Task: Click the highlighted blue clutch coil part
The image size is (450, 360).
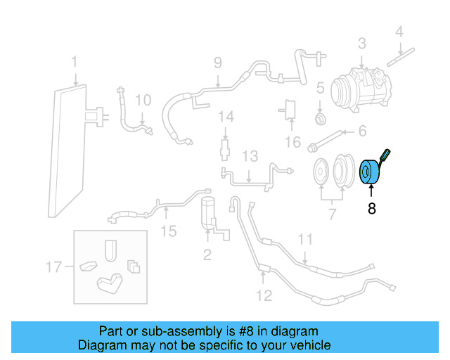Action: pyautogui.click(x=370, y=173)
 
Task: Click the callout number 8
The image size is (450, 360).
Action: pyautogui.click(x=371, y=208)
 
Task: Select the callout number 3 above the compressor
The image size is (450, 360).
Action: pyautogui.click(x=361, y=44)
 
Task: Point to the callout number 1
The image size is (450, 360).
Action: pyautogui.click(x=74, y=64)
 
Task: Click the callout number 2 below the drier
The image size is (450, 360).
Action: pyautogui.click(x=207, y=253)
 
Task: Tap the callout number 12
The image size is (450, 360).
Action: pyautogui.click(x=264, y=295)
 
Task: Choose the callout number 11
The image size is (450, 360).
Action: pyautogui.click(x=304, y=240)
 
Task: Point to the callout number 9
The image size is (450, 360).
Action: pyautogui.click(x=217, y=62)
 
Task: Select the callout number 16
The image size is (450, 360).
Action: pyautogui.click(x=292, y=143)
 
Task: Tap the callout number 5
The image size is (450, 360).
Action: pyautogui.click(x=319, y=89)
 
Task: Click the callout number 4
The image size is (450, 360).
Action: pyautogui.click(x=399, y=31)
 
